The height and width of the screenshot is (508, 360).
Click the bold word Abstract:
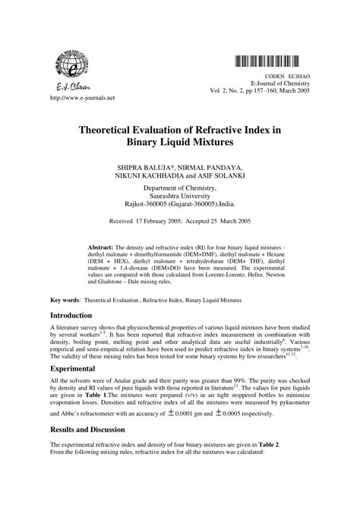click(x=101, y=248)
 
